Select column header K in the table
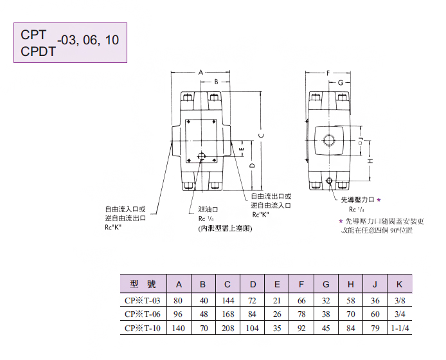(399, 284)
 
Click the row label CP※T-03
(145, 300)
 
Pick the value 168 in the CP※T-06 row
(228, 314)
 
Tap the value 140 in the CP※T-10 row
(179, 328)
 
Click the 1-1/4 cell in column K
(399, 328)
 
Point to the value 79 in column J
(375, 328)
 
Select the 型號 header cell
(143, 284)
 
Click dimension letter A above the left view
(201, 73)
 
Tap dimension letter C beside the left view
(261, 135)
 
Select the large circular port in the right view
(329, 139)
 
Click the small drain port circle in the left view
(202, 156)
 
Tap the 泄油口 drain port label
(208, 209)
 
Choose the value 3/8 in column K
(399, 300)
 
